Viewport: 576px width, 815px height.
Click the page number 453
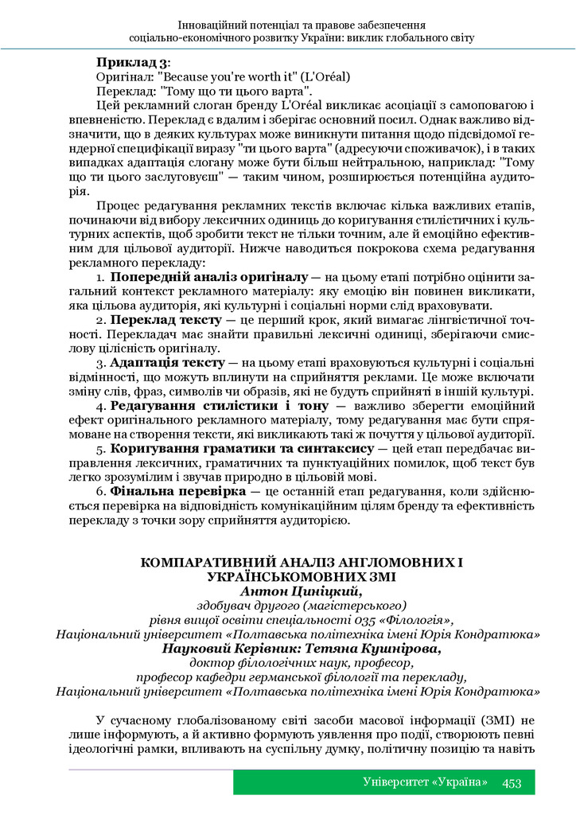point(512,782)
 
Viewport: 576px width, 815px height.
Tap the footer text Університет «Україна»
point(425,782)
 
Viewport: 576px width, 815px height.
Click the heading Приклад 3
point(131,62)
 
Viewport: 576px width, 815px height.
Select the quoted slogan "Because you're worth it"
point(216,77)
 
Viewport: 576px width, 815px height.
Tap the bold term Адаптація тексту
point(169,363)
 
